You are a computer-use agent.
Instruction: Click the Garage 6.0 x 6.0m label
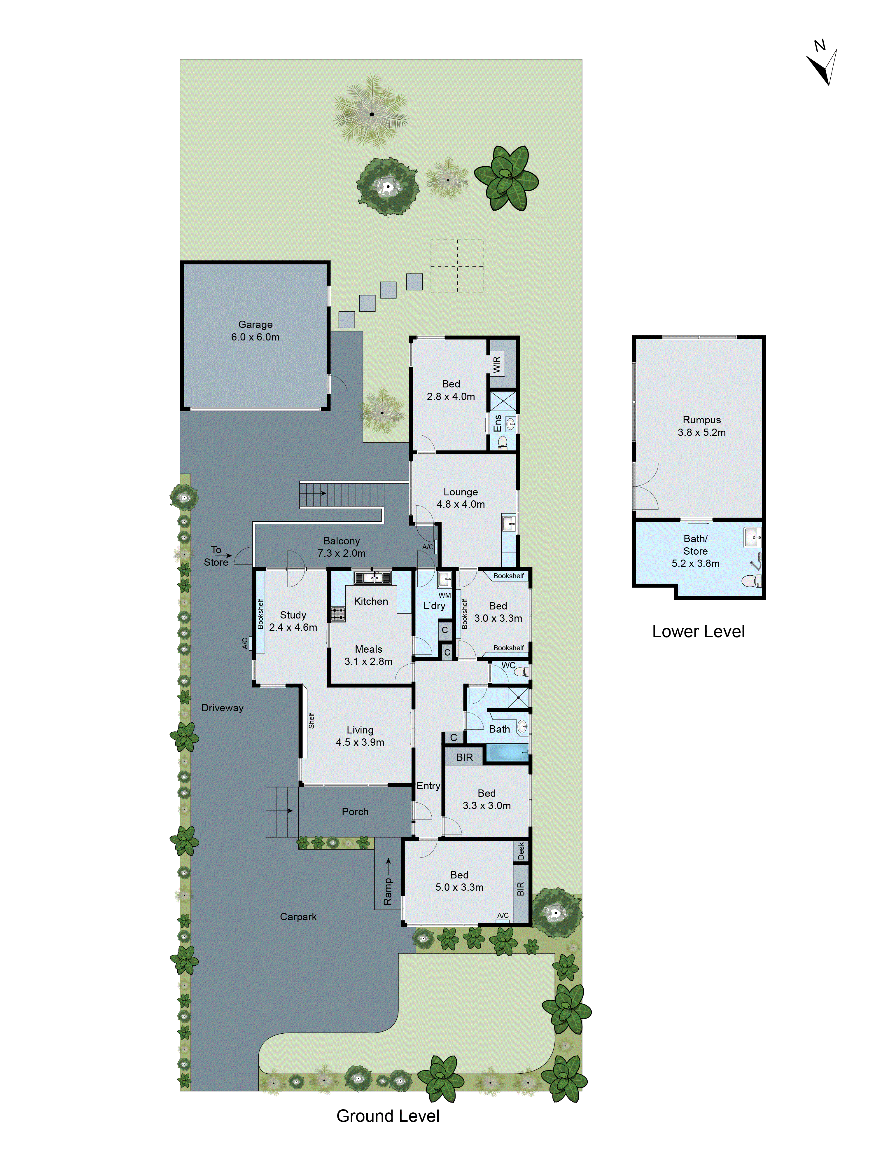pyautogui.click(x=255, y=331)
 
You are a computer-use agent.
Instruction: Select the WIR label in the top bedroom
pyautogui.click(x=496, y=365)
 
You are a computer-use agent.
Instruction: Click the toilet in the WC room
pyautogui.click(x=521, y=672)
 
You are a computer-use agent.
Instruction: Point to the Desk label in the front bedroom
pyautogui.click(x=521, y=850)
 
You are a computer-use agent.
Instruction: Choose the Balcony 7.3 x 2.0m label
pyautogui.click(x=341, y=547)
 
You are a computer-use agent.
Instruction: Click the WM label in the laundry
pyautogui.click(x=444, y=595)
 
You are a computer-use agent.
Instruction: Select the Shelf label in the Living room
pyautogui.click(x=311, y=721)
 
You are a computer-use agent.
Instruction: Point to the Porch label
pyautogui.click(x=355, y=811)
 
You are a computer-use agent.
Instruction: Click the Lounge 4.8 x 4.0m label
pyautogui.click(x=461, y=498)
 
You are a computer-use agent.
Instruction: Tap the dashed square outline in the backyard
pyautogui.click(x=457, y=266)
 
